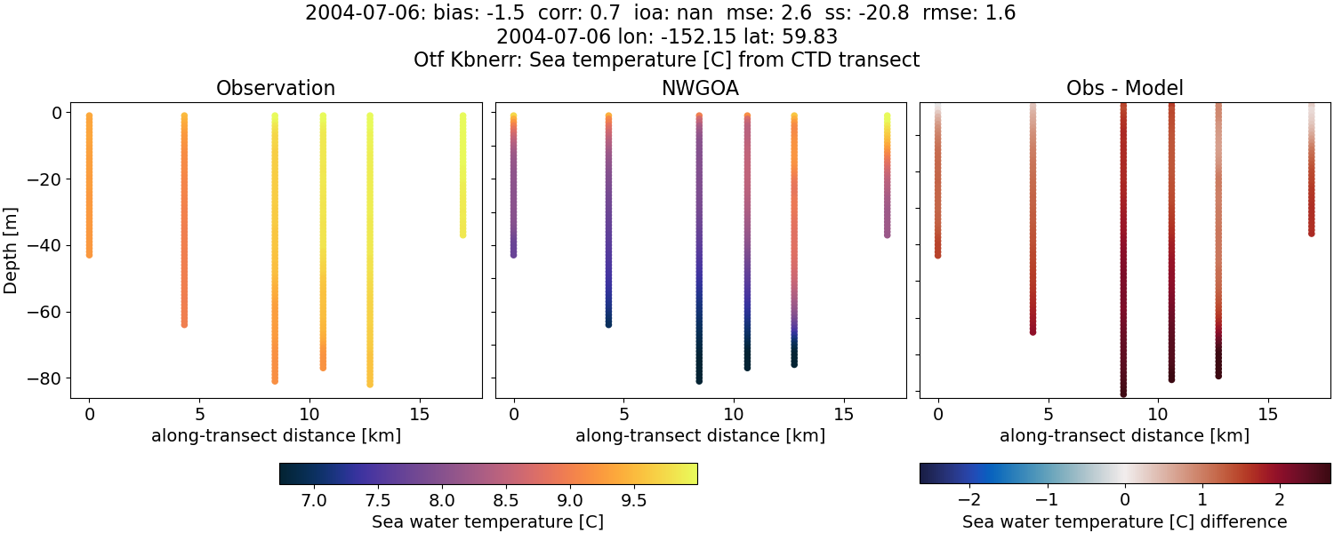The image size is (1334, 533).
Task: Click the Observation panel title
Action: coord(276,88)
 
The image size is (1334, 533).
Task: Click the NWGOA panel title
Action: coord(700,88)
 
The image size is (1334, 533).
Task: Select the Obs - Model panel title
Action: coord(1124,88)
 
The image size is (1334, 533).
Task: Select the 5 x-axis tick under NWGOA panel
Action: coord(624,414)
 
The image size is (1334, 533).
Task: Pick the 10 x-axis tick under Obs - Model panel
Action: coord(1158,414)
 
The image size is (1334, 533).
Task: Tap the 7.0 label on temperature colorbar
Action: coord(314,500)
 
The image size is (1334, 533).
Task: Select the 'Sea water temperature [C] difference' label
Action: coord(1124,521)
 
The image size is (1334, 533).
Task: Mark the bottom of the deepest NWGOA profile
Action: coord(699,380)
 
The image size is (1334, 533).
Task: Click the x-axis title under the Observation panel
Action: coord(276,435)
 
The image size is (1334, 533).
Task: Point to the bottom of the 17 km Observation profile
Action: coord(462,235)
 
